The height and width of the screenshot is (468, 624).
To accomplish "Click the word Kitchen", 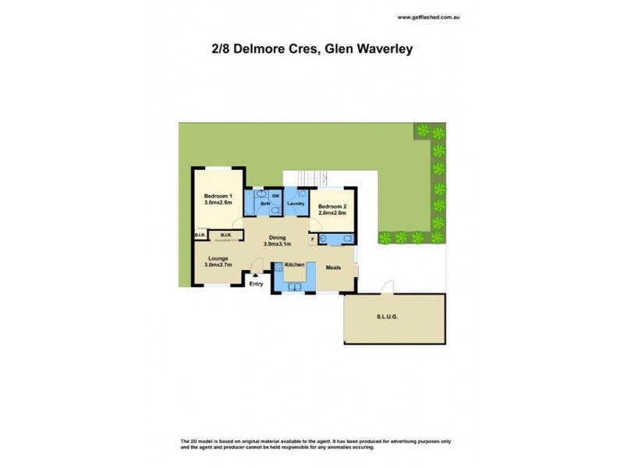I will (294, 266).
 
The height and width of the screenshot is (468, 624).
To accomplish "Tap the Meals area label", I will (334, 266).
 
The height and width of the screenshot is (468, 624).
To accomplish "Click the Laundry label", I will (296, 204).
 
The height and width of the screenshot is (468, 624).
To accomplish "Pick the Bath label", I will (264, 204).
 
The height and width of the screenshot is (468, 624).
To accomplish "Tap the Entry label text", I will (256, 284).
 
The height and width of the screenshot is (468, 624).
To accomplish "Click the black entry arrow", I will (256, 276).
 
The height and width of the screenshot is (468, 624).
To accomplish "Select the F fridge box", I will (313, 240).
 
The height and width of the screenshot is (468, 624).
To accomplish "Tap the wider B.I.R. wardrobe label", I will (226, 235).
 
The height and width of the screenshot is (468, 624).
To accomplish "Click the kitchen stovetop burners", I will (278, 267).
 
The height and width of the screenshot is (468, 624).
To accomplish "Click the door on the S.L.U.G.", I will (385, 290).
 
